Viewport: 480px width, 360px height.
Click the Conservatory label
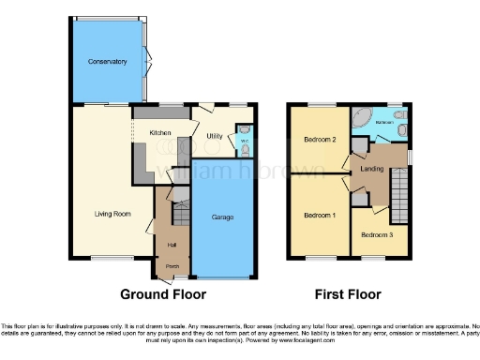click(107, 62)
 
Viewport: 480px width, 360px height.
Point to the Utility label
click(213, 136)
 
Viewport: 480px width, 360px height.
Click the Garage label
click(221, 217)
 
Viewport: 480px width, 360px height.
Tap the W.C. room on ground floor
click(245, 141)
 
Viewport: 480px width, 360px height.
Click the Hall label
click(172, 245)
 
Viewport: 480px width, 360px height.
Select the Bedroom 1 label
click(320, 215)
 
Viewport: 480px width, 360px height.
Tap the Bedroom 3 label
click(378, 234)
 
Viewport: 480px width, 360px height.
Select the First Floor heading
click(349, 293)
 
